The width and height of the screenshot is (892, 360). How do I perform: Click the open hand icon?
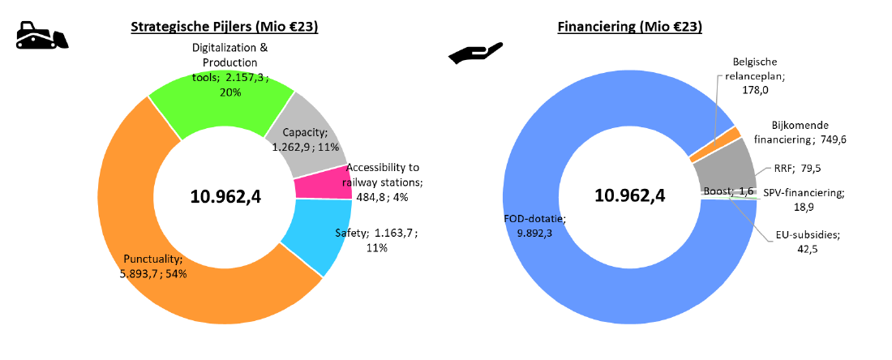(477, 54)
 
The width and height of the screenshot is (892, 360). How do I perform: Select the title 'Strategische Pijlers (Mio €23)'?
(225, 27)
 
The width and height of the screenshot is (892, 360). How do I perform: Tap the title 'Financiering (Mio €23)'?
(629, 27)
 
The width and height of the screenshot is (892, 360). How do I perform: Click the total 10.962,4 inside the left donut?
(225, 195)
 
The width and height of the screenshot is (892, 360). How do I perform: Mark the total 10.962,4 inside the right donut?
(630, 195)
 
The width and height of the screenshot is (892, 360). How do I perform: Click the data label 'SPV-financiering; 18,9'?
(804, 199)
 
